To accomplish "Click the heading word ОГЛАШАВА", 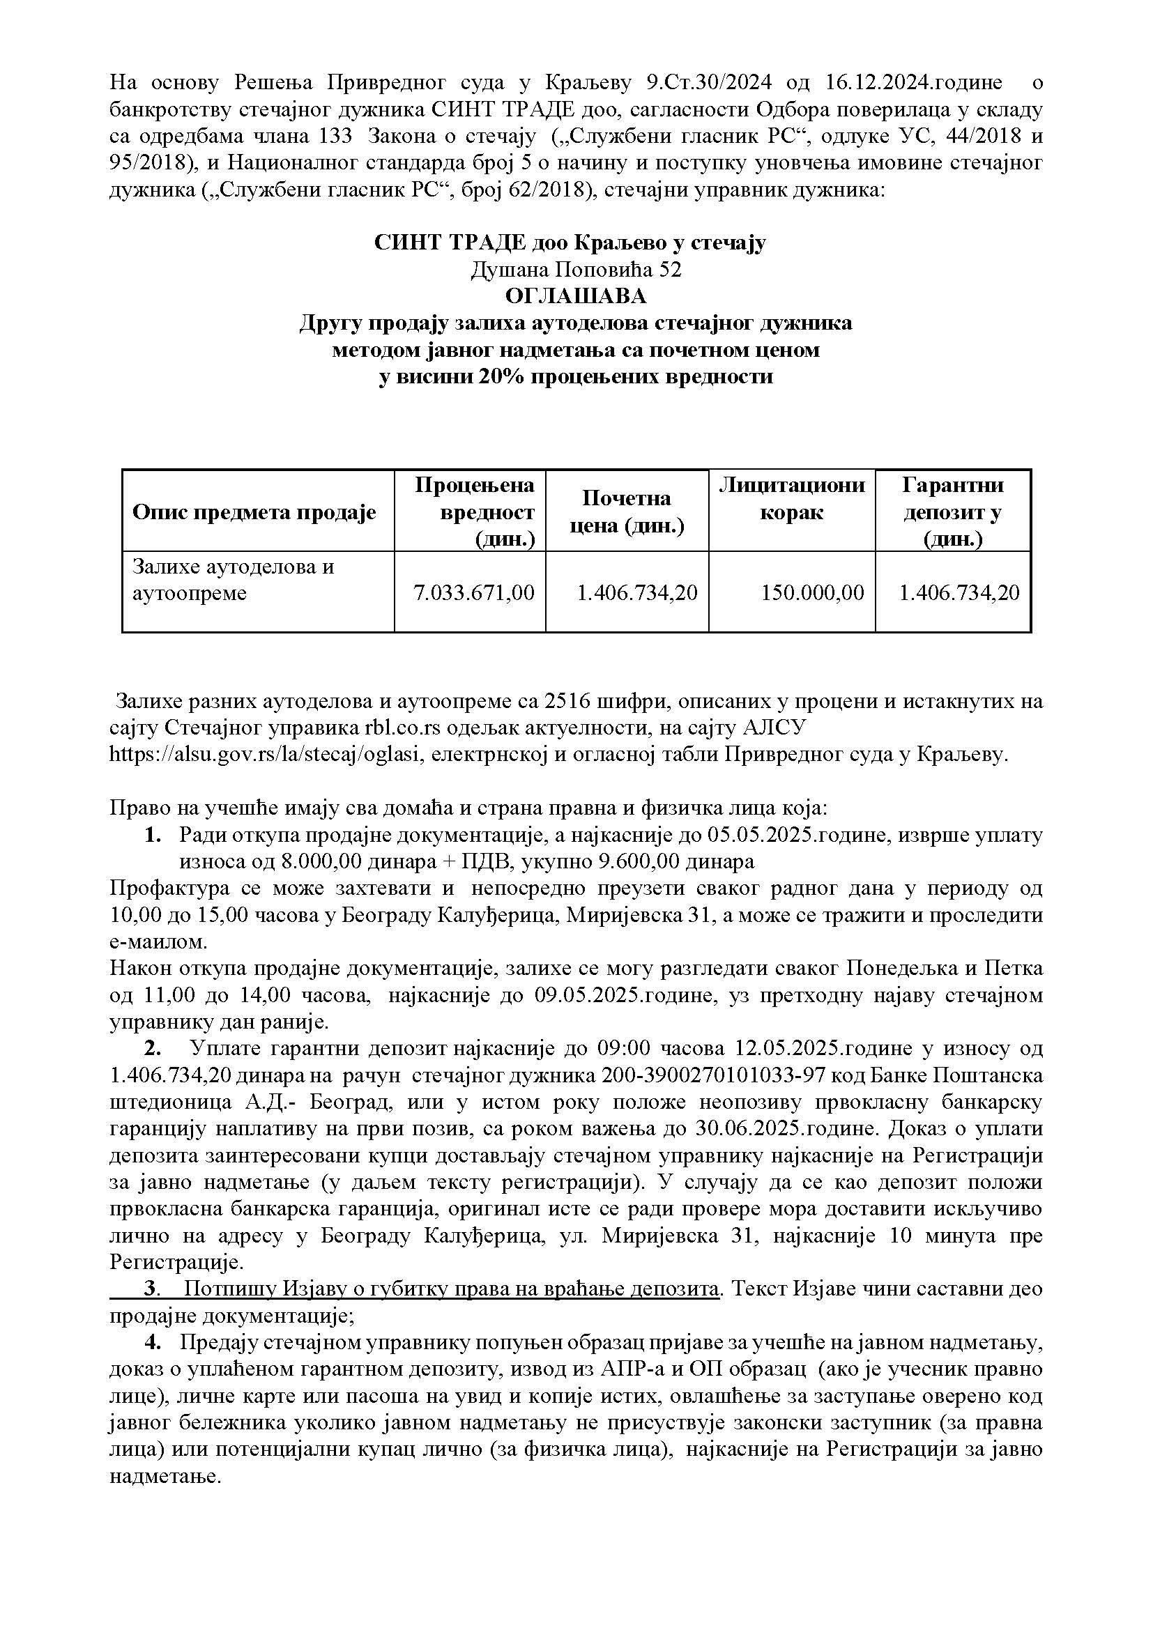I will [x=576, y=295].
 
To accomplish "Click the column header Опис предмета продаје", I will [x=254, y=513].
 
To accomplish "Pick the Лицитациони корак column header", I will [x=792, y=498].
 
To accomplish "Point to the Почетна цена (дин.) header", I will [x=627, y=512].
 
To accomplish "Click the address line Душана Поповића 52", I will [x=576, y=269].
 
